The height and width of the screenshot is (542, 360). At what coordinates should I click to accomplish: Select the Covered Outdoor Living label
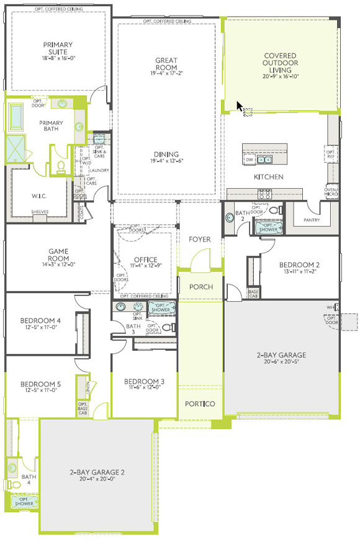(x=280, y=63)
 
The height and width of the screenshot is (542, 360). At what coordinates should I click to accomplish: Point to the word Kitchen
(x=268, y=177)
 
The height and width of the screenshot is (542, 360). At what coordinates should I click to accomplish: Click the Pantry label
(x=311, y=220)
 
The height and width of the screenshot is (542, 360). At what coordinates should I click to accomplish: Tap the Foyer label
(x=200, y=239)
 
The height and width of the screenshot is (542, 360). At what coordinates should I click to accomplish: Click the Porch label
(x=201, y=287)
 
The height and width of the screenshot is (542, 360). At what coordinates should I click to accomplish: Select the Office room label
(x=146, y=260)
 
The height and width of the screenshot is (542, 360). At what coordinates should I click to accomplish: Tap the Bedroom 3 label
(x=144, y=381)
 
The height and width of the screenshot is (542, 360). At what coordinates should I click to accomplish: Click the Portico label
(x=200, y=404)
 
